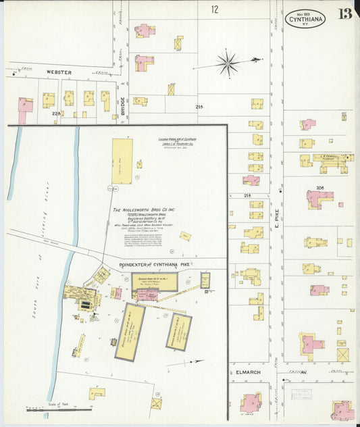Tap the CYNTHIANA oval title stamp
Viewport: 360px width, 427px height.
click(x=305, y=18)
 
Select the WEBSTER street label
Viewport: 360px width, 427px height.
click(x=59, y=72)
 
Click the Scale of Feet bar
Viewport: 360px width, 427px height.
click(x=59, y=409)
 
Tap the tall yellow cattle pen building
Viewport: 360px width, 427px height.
click(x=122, y=161)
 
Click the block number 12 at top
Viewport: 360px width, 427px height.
click(x=214, y=9)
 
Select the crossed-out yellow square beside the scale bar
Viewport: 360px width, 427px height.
click(x=156, y=403)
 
